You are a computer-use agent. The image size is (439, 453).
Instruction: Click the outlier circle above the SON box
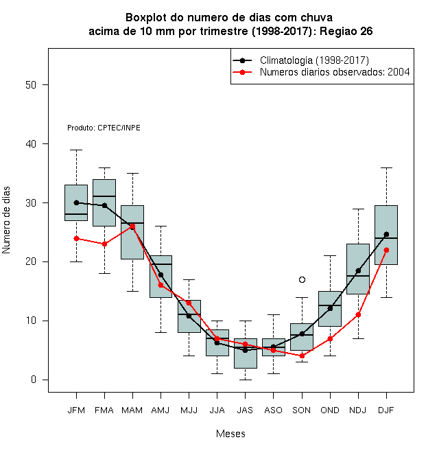[302, 279]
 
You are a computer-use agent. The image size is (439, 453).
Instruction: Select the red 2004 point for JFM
[77, 238]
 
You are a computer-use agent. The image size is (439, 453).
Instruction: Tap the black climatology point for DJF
[386, 234]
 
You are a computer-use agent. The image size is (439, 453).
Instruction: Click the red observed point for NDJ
[358, 314]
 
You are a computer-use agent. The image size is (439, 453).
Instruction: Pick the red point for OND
[330, 338]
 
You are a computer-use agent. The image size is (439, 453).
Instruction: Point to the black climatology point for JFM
[77, 202]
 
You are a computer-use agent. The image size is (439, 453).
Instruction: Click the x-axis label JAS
[245, 410]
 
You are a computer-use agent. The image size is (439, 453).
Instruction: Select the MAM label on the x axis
[132, 410]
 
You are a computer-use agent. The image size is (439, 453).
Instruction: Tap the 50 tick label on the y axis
[31, 85]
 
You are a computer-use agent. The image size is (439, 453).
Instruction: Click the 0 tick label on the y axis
[34, 380]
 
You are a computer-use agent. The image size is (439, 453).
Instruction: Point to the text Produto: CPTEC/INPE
[104, 128]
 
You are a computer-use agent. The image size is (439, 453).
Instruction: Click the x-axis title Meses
[230, 434]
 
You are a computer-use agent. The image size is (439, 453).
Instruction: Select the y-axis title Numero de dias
[6, 220]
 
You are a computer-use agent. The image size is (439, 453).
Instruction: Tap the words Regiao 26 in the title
[346, 31]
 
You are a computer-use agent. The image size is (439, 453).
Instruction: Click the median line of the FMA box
[104, 196]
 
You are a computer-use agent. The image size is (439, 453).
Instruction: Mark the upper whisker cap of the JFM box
[77, 150]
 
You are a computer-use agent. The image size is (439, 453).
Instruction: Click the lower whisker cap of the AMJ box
[161, 332]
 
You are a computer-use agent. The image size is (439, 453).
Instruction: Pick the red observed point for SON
[302, 356]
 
